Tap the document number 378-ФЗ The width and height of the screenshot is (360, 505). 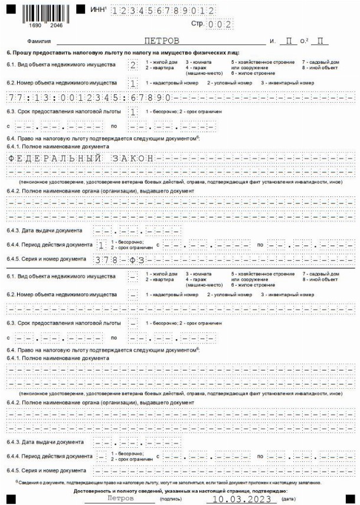click(x=117, y=259)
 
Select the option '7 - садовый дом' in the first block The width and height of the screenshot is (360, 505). click(x=320, y=61)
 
